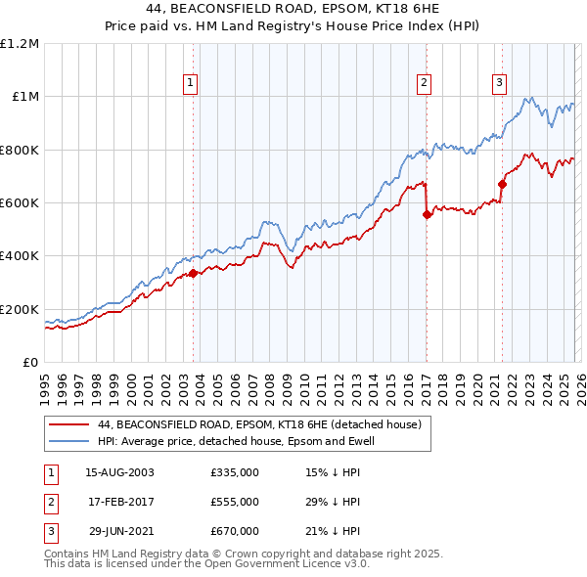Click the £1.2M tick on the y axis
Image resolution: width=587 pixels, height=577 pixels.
[20, 43]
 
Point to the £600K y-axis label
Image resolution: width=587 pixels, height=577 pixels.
[20, 202]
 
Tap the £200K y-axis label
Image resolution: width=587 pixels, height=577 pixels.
[20, 309]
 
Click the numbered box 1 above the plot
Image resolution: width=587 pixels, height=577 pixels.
[190, 83]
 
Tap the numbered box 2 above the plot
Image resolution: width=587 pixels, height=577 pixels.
[425, 83]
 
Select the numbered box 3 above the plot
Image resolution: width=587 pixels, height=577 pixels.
[499, 83]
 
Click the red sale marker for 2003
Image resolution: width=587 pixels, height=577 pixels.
[193, 273]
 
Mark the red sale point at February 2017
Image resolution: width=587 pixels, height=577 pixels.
[427, 215]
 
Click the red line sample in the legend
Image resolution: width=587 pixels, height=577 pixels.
[68, 424]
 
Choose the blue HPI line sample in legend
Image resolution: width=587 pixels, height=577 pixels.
[68, 440]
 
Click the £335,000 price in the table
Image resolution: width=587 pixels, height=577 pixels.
[234, 472]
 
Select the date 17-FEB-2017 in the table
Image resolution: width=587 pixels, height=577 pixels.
[119, 502]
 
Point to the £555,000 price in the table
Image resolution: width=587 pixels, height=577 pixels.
[234, 502]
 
